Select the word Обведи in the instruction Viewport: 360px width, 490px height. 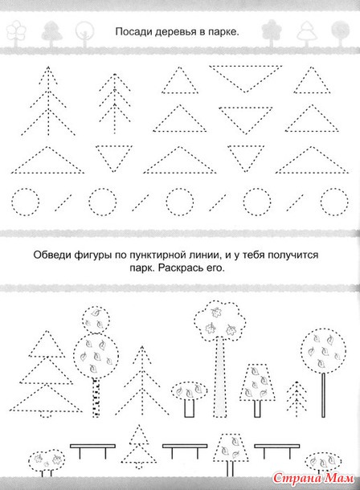click(52, 255)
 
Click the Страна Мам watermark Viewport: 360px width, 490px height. click(313, 478)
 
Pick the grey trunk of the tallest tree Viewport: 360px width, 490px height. click(221, 376)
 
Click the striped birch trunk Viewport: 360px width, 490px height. click(96, 398)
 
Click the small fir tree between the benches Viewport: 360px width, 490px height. click(138, 447)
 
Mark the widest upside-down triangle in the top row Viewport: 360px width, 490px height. click(246, 79)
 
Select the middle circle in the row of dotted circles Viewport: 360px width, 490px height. click(179, 202)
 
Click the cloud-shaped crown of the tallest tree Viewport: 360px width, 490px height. click(219, 322)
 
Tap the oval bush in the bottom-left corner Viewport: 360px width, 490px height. click(47, 461)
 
